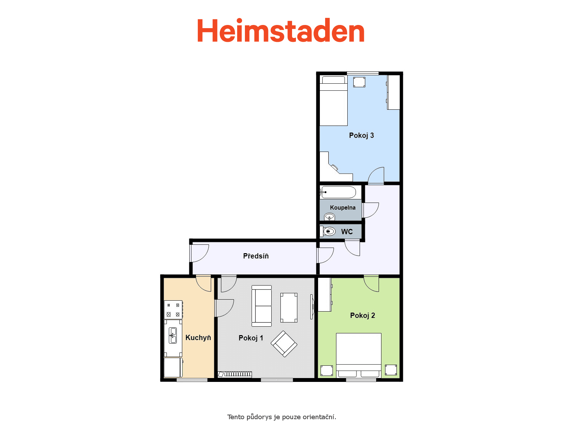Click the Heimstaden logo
280,30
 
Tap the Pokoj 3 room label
361,135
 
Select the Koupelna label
342,207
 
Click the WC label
347,232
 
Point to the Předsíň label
256,256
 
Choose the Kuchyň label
198,338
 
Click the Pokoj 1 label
251,338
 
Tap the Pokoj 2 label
362,315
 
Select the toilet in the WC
328,232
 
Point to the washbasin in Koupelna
329,217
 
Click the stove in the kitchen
173,310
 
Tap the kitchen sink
173,335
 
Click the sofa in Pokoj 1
261,306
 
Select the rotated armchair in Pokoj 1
284,344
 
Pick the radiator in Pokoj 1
235,374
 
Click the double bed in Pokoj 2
359,356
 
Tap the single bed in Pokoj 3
334,101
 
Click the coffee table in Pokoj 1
289,308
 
